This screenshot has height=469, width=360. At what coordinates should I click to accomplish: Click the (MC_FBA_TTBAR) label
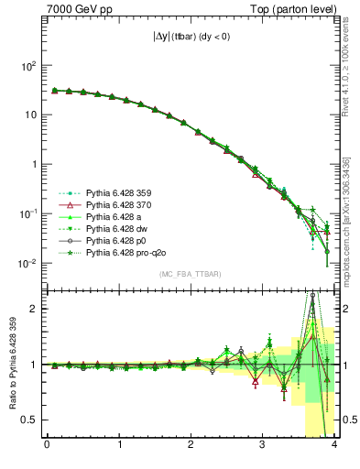[x=191, y=275]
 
